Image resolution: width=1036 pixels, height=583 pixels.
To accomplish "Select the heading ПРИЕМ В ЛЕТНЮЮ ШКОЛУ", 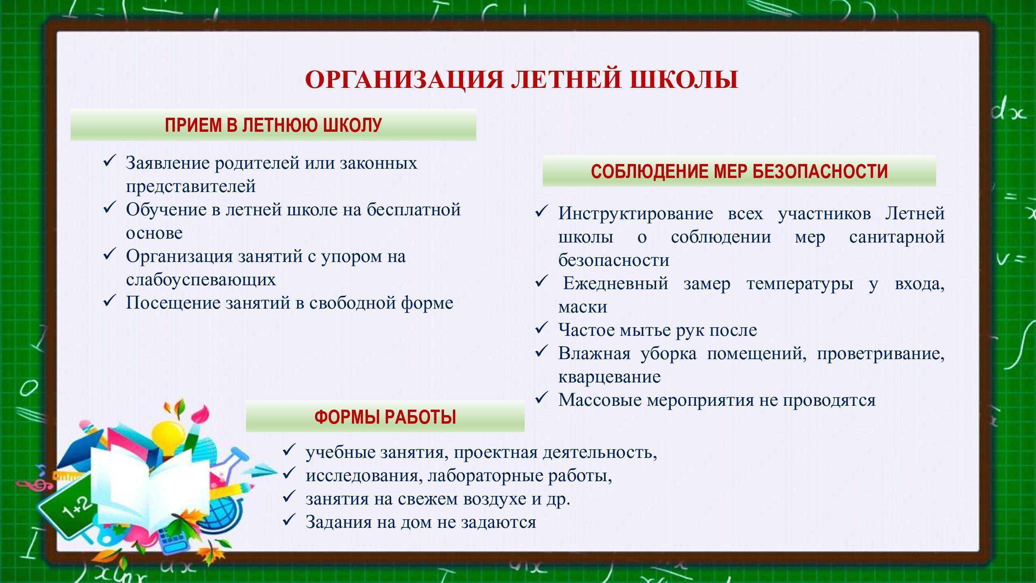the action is tap(273, 125).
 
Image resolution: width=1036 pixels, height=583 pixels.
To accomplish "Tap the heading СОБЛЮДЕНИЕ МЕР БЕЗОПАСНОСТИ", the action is tap(739, 171).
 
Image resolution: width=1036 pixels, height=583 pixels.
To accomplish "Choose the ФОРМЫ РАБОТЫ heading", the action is tap(385, 417).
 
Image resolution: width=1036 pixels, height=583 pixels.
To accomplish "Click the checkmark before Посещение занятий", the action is tap(110, 300).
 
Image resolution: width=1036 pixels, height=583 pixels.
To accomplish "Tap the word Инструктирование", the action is tap(636, 214).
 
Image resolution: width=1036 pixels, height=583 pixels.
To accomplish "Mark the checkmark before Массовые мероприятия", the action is tap(541, 398).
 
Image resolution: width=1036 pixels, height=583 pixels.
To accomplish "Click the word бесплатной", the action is tap(414, 210).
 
